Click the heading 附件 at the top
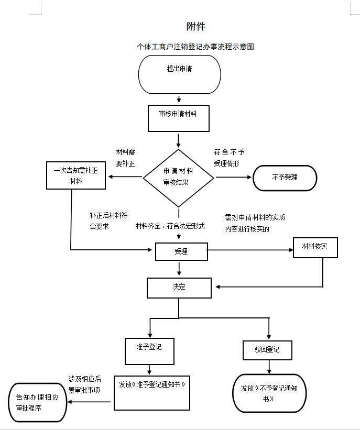tap(195, 26)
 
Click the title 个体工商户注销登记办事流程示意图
tap(195, 47)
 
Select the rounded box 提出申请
tap(179, 73)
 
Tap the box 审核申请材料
tap(178, 118)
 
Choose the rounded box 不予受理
tap(285, 178)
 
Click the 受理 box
tap(181, 251)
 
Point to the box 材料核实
tap(315, 247)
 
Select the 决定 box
tap(179, 288)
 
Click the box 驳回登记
tap(267, 350)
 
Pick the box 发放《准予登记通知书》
tap(152, 392)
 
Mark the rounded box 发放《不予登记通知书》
tap(269, 393)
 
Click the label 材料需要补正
tap(125, 158)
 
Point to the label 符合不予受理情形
tap(229, 158)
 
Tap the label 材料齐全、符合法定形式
tap(170, 226)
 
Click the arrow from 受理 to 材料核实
tap(250, 250)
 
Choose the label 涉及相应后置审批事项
tap(84, 384)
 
